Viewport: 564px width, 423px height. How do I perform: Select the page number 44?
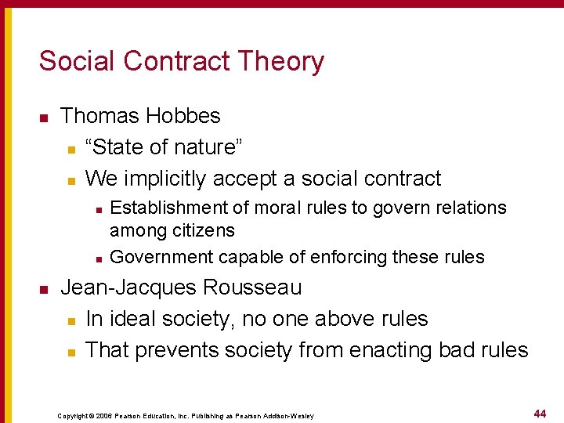540,413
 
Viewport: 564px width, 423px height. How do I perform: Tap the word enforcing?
346,257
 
